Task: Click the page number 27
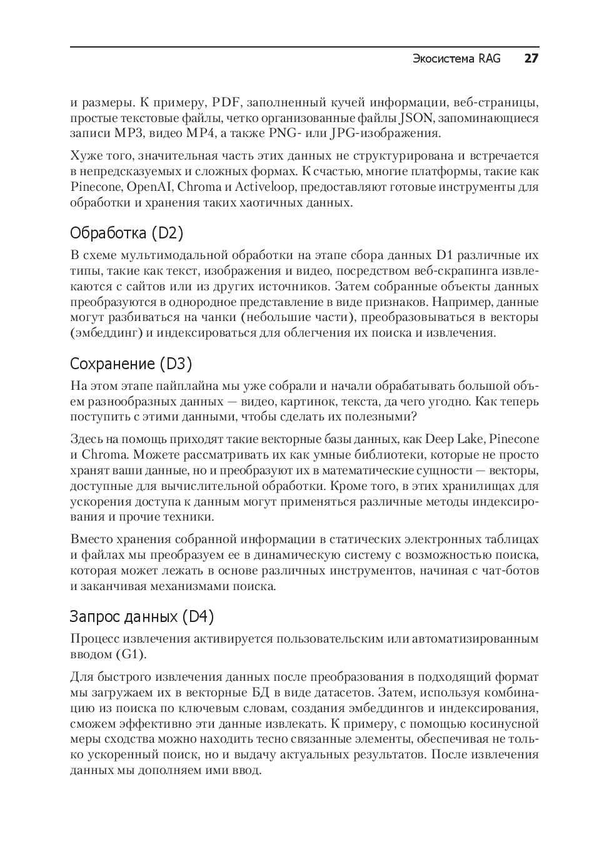(x=531, y=59)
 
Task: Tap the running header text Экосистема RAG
(x=456, y=59)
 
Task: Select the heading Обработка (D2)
(x=127, y=233)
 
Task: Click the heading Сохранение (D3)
(x=131, y=364)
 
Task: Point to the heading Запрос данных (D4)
(x=142, y=617)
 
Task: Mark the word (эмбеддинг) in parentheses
(x=106, y=333)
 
